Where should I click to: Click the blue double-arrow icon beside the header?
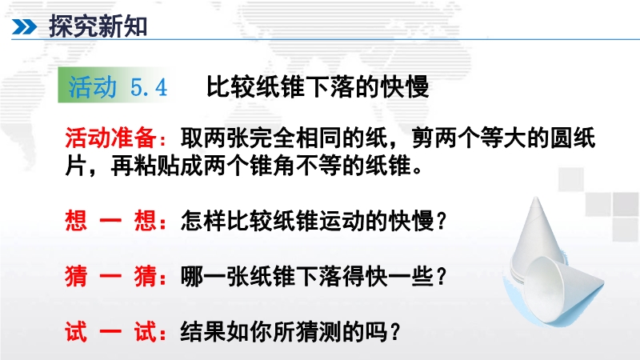point(24,27)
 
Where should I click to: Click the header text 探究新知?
point(98,26)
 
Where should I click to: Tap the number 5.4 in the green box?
point(149,87)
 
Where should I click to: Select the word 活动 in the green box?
point(93,86)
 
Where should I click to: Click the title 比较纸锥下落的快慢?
point(318,86)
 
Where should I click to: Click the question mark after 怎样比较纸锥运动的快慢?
point(442,222)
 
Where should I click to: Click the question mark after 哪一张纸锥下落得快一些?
point(442,276)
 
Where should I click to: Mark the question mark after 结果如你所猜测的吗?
point(394,332)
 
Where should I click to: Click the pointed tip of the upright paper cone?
point(535,198)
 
